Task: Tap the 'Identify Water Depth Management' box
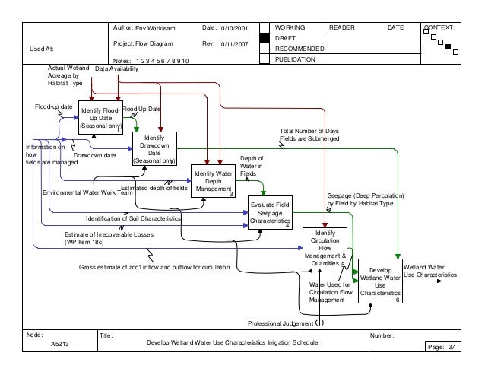[x=214, y=183]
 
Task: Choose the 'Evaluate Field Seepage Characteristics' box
[x=270, y=213]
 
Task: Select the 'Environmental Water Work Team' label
[x=77, y=193]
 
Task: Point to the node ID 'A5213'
[x=51, y=344]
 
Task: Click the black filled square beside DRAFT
[x=265, y=38]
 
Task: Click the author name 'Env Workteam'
[x=157, y=27]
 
